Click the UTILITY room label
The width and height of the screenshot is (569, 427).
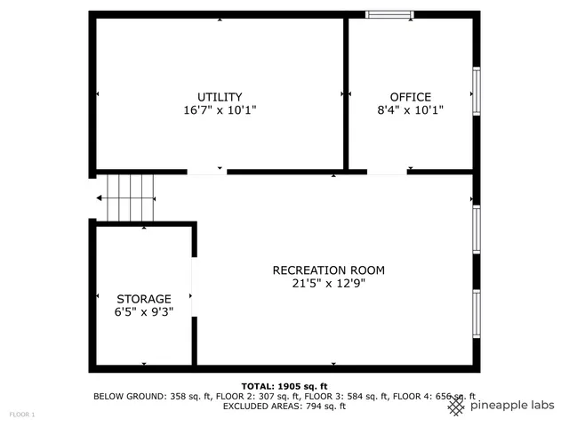[x=220, y=97]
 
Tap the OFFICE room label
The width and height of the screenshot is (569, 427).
[x=410, y=97]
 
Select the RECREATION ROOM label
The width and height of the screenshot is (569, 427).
[x=328, y=270]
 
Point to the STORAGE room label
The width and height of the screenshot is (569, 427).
[x=143, y=299]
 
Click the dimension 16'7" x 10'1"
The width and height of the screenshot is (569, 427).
[x=220, y=110]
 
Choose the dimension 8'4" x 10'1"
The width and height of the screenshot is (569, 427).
[x=410, y=110]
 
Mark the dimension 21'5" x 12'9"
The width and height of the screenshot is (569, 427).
[x=328, y=284]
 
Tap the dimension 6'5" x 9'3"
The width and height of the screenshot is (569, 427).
[x=143, y=312]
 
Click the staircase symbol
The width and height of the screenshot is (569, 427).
[x=130, y=197]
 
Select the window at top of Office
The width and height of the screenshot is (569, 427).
[x=389, y=14]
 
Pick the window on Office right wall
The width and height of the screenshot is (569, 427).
[x=477, y=93]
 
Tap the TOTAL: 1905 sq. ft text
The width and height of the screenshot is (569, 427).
[x=284, y=386]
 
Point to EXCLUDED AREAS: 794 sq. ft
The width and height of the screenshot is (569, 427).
[x=284, y=407]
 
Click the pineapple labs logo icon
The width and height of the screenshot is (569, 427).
[x=456, y=406]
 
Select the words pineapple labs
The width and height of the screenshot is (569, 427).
[x=512, y=406]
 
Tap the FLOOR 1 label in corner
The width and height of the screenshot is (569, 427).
[x=22, y=415]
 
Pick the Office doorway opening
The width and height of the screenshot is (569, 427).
[x=387, y=172]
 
